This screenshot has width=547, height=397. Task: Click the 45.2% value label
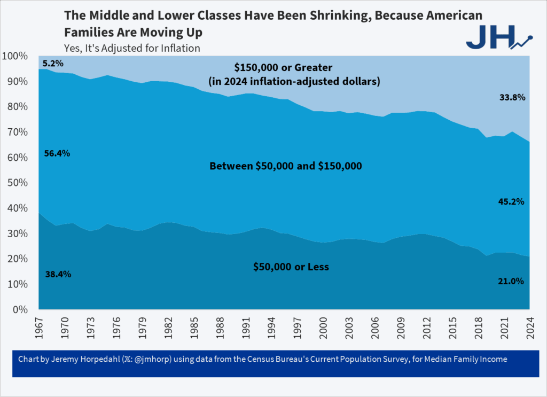click(511, 202)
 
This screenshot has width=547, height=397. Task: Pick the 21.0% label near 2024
click(511, 281)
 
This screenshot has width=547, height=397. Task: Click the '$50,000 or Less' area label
click(291, 266)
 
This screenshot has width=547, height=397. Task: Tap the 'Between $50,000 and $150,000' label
click(286, 166)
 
